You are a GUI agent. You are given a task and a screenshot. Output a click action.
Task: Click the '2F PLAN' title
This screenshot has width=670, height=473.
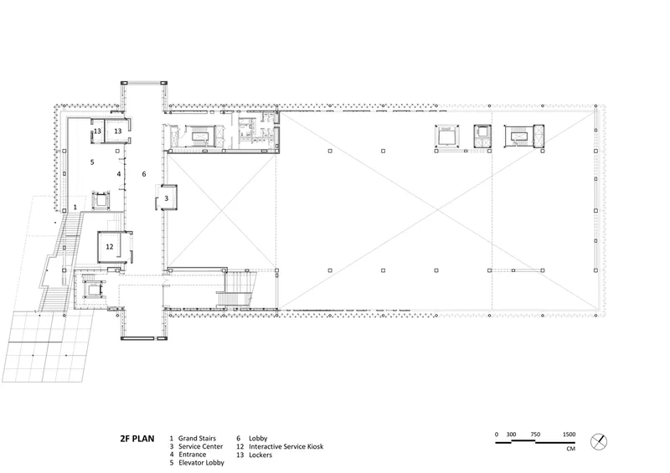point(137,439)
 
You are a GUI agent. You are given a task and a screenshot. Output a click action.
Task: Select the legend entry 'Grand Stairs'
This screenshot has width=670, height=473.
point(197,439)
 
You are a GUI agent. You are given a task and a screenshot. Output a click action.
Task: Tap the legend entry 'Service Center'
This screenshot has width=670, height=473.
point(200,446)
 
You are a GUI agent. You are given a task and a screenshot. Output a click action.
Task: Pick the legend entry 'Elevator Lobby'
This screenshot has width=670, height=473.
point(201,463)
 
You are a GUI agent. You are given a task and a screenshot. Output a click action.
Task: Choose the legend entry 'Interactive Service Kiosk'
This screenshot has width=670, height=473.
point(286,446)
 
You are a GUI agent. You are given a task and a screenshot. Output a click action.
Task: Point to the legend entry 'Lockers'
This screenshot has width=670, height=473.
point(260,455)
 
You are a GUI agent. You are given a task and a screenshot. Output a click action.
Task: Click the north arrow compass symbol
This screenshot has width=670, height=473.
point(599,442)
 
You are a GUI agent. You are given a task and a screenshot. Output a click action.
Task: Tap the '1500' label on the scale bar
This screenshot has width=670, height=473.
point(569,434)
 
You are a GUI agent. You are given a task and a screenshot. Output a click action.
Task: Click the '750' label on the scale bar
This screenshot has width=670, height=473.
point(535,434)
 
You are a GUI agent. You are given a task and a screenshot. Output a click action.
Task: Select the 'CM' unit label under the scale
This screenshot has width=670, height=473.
point(571,449)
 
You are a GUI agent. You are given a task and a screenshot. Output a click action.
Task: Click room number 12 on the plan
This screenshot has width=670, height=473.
point(110,246)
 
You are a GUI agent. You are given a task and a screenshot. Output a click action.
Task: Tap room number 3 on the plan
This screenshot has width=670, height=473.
point(167,198)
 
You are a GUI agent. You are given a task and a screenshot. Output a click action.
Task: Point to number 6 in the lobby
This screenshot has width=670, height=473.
point(144,174)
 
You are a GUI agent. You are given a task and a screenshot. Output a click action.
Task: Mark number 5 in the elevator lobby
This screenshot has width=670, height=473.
point(92,162)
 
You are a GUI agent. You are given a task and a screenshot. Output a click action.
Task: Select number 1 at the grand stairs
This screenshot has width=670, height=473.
point(75,208)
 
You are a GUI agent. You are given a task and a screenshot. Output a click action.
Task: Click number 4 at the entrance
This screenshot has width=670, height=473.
point(119,174)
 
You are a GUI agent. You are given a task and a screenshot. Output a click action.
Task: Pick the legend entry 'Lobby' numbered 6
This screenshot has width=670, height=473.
point(258,439)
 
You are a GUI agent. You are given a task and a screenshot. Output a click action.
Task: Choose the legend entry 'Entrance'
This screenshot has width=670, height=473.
point(193,455)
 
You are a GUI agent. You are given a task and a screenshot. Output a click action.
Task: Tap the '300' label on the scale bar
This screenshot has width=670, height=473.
point(511,434)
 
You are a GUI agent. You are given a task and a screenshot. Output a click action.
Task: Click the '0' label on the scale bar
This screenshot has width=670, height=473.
point(497,434)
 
